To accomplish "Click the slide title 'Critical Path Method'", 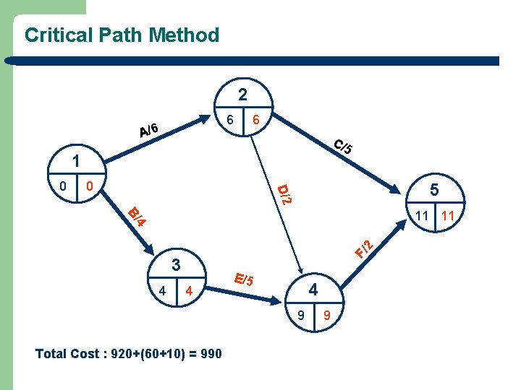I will coord(122,35).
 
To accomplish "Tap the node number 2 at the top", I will coord(242,95).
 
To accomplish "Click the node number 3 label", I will coord(174,264).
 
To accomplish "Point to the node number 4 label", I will coord(313,290).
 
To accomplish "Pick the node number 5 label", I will coord(434,190).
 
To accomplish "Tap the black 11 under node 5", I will coord(423,216).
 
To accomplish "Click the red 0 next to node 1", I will coord(89,187).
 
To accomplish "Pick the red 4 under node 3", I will coord(188,292).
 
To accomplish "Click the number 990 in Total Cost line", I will coord(208,354).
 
